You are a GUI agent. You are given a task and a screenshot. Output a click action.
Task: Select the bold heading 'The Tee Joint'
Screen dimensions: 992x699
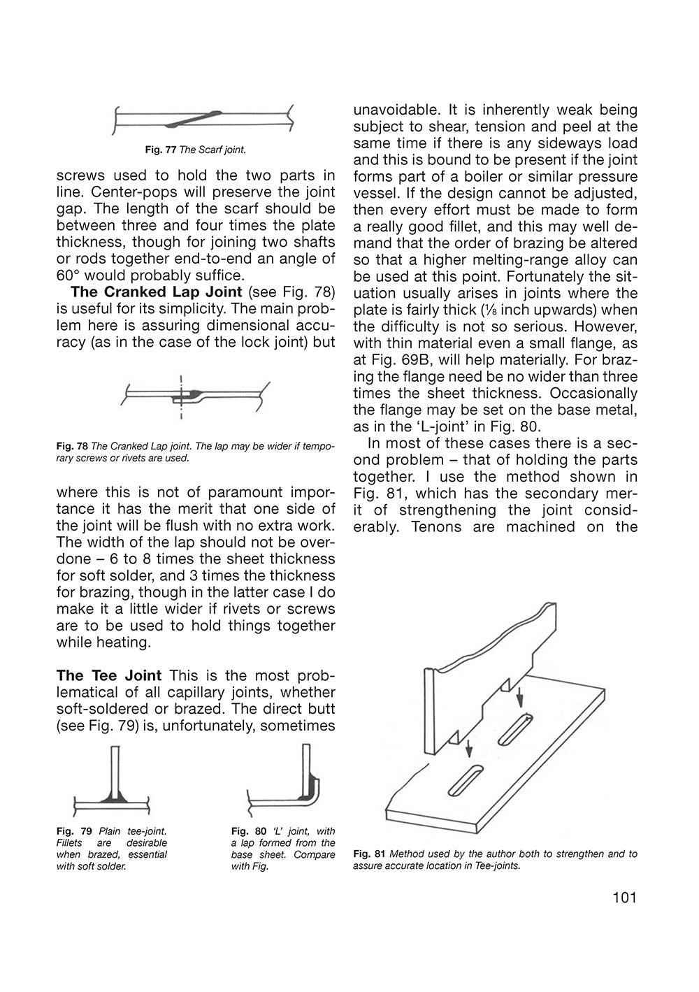click(x=108, y=676)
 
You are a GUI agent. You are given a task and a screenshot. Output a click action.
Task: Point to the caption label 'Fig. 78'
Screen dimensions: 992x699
click(x=71, y=447)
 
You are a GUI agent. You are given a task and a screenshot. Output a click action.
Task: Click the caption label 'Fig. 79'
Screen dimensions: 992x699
click(x=73, y=831)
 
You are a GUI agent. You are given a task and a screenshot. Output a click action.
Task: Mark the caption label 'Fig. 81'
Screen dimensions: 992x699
click(x=369, y=854)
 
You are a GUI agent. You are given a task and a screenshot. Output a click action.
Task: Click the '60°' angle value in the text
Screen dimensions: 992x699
click(x=71, y=275)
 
